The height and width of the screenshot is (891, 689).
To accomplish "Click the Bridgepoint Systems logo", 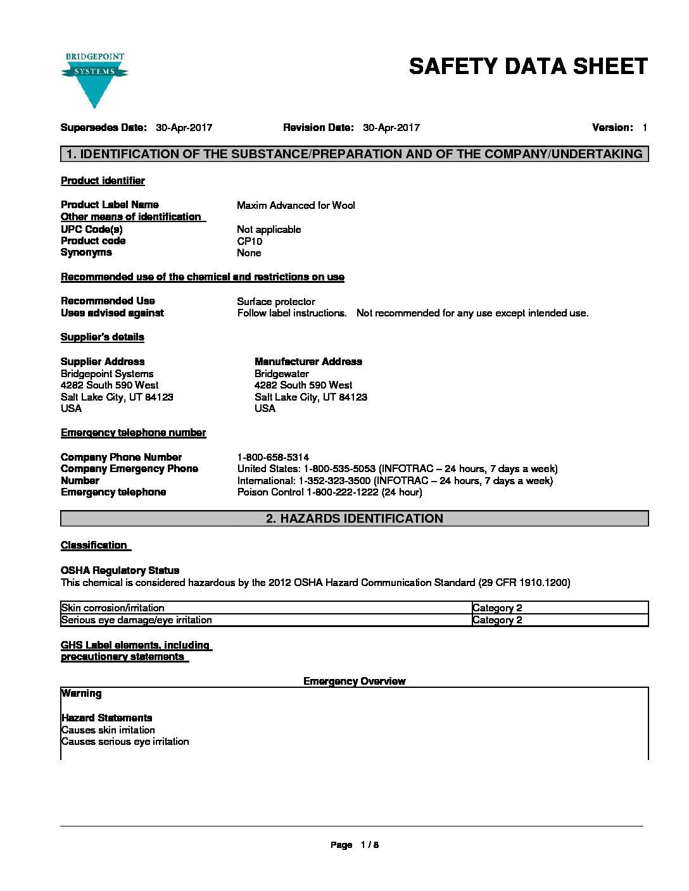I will click(x=95, y=79).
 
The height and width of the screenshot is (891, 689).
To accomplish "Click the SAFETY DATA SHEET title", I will click(x=528, y=66).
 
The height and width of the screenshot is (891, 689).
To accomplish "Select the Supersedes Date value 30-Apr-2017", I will click(x=184, y=128).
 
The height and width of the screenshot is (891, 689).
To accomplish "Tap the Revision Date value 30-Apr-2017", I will click(x=391, y=128).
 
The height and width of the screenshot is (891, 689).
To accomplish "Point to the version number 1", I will click(x=644, y=128).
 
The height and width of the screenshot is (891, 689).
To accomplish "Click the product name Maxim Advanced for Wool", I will click(x=296, y=205).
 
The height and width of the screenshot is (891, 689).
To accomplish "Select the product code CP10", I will click(x=250, y=241).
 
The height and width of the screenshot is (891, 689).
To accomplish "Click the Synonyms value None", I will click(x=249, y=253).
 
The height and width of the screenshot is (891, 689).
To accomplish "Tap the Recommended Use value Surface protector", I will click(x=276, y=302).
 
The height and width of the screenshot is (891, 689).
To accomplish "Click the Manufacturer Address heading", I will click(x=308, y=362).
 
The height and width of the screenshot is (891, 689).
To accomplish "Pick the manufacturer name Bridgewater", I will click(x=282, y=374).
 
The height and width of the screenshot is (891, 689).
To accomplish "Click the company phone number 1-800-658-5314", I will click(x=273, y=458).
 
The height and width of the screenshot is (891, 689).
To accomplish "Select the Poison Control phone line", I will click(x=329, y=492).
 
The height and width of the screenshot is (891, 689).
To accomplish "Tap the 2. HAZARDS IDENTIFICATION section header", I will click(x=355, y=519).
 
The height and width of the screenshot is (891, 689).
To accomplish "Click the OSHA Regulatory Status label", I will click(x=120, y=571).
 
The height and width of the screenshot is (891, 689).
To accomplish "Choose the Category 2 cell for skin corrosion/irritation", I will click(x=497, y=608).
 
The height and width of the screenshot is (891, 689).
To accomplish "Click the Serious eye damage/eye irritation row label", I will click(x=137, y=620).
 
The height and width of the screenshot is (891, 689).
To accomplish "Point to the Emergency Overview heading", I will click(x=355, y=682).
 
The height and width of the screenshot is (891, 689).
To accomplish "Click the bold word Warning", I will click(x=82, y=694).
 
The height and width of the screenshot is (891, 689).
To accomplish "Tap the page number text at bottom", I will click(x=355, y=845).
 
